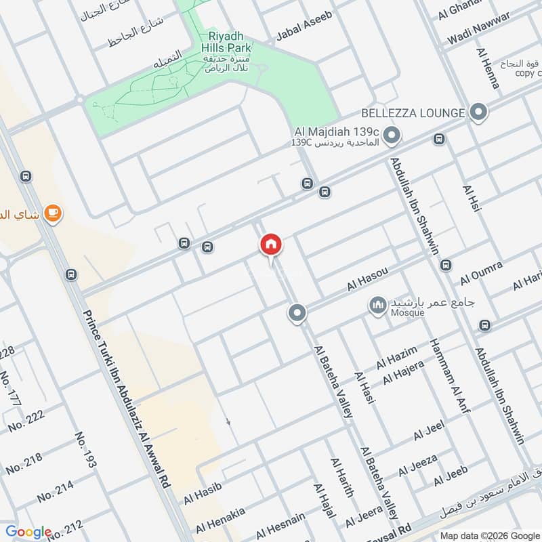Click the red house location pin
[271, 245]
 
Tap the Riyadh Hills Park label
[226, 42]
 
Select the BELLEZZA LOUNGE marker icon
[479, 112]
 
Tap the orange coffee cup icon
[52, 214]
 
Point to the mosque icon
[378, 306]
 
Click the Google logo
[28, 533]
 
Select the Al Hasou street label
[367, 279]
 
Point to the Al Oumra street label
[482, 272]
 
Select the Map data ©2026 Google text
[489, 534]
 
